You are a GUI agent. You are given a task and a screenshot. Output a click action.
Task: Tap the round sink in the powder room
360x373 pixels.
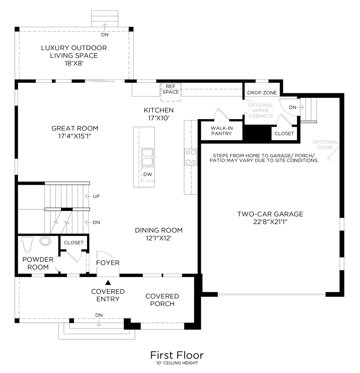(x=45, y=241)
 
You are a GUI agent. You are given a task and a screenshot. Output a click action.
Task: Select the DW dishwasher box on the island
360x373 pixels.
(x=147, y=175)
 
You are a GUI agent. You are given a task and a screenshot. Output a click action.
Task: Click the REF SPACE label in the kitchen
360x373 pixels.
(x=171, y=89)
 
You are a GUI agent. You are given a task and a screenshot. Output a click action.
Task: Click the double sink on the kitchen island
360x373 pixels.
(x=147, y=157)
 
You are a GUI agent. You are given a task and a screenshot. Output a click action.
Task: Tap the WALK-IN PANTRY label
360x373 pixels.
(x=221, y=131)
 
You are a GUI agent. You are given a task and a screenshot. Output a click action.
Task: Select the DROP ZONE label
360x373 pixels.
(x=262, y=93)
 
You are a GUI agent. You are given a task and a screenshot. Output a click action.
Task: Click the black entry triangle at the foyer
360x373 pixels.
(x=108, y=282)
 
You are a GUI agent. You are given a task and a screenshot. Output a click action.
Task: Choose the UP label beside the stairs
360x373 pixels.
(x=96, y=196)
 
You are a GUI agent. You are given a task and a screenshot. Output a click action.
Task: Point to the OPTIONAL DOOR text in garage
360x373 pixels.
(x=325, y=145)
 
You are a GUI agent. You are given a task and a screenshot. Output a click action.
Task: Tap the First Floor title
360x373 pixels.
(x=177, y=355)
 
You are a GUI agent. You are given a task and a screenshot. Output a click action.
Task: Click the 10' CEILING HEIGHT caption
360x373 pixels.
(x=177, y=363)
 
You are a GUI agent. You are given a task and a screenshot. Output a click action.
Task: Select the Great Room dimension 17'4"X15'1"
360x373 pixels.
(x=75, y=136)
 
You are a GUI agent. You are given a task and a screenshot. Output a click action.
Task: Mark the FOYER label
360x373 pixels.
(x=108, y=263)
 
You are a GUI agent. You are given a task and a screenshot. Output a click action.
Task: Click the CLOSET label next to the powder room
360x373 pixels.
(x=74, y=242)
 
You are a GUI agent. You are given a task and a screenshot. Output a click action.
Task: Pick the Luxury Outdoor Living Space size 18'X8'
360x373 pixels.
(x=74, y=64)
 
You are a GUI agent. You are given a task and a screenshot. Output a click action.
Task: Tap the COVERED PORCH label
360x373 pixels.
(x=162, y=300)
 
